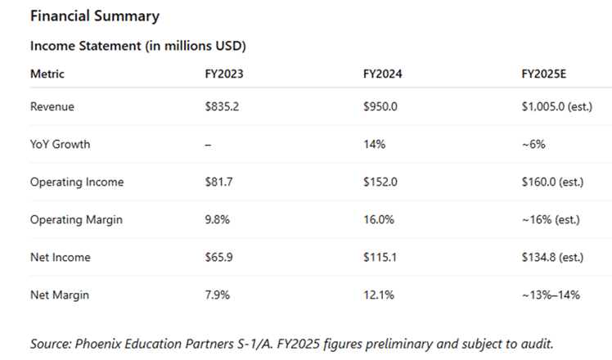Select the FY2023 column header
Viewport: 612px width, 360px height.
(223, 74)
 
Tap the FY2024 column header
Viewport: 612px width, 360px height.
(382, 74)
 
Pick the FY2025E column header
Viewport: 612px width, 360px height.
(543, 74)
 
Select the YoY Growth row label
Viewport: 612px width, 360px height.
(60, 144)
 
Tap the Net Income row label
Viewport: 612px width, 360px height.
(60, 257)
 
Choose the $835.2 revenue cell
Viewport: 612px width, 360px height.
(222, 106)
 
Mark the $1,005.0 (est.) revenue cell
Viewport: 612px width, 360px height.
(556, 106)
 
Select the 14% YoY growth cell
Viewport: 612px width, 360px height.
(372, 144)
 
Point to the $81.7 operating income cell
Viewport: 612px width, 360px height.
(218, 182)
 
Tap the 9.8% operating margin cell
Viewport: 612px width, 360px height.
(218, 219)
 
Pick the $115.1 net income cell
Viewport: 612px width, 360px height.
(379, 257)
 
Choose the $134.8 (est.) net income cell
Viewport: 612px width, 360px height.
(552, 257)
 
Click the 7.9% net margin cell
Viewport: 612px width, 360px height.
(218, 295)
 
